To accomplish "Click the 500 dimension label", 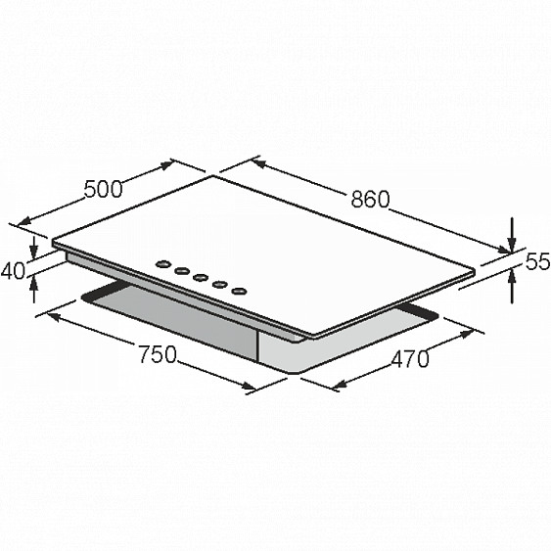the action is (x=104, y=189).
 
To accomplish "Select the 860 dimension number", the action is (x=370, y=200).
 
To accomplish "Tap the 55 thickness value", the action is (x=537, y=261).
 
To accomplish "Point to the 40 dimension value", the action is (x=14, y=271).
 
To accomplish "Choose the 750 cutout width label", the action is (x=158, y=354).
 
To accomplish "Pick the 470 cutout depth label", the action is (x=410, y=359).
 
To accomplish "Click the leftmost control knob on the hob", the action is (x=162, y=264).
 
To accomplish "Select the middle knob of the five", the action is (x=201, y=278).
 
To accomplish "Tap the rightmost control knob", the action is (x=239, y=292).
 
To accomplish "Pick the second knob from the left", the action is (x=182, y=270).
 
